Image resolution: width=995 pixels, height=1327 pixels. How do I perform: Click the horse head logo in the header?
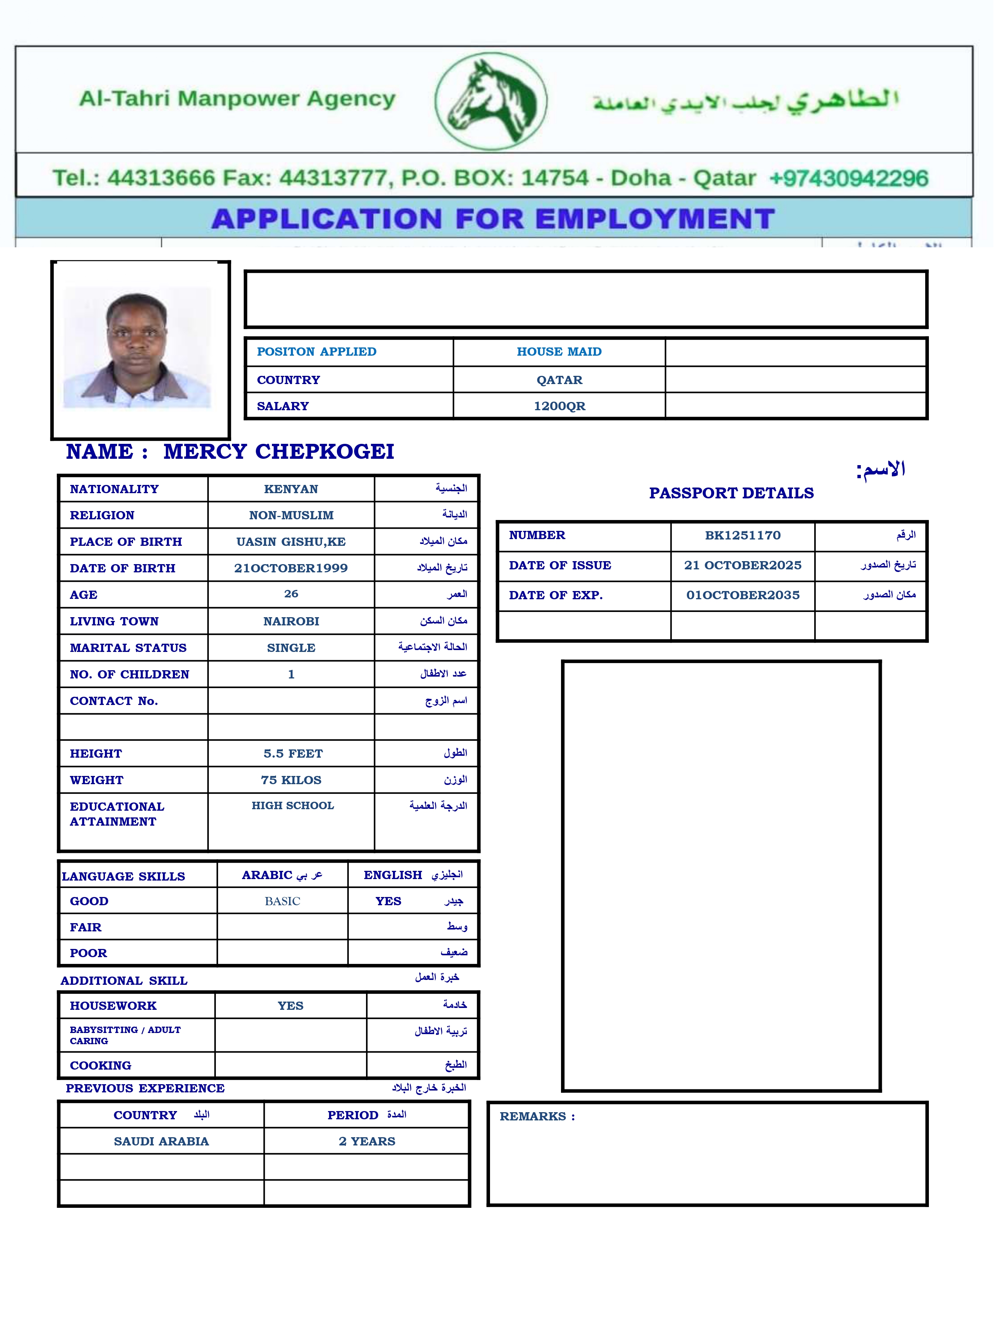[491, 101]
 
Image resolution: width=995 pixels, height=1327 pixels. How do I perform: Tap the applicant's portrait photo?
[137, 347]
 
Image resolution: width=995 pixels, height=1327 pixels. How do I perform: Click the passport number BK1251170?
[743, 535]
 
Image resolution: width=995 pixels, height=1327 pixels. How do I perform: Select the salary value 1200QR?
[559, 406]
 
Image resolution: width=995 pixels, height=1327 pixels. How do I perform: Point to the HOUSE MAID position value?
[559, 352]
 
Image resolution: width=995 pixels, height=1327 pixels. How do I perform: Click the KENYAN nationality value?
[291, 489]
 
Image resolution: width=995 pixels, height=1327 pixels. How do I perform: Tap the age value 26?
[291, 594]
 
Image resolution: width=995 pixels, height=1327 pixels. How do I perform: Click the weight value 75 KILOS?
[291, 780]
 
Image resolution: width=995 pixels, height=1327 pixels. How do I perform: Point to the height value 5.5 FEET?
[293, 754]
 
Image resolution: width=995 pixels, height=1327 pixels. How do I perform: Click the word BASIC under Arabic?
[282, 901]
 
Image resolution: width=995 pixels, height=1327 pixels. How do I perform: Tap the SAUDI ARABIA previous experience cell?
[161, 1141]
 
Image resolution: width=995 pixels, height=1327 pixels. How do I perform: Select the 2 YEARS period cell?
[367, 1141]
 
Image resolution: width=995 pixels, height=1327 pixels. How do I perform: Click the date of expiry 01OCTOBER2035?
[743, 595]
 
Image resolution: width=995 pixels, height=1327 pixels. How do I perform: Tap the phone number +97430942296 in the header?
[848, 178]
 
